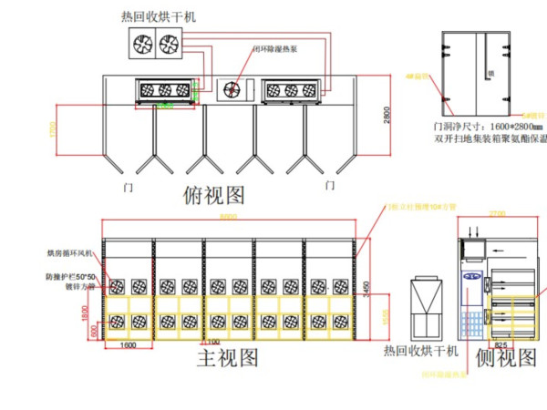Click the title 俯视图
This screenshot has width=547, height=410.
214,193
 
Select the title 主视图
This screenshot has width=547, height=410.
228,357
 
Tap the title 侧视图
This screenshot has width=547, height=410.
506,358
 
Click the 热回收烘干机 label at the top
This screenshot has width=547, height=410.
158,16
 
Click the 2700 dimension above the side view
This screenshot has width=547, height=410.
497,213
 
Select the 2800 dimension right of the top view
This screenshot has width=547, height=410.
387,116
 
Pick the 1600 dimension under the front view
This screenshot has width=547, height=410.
129,345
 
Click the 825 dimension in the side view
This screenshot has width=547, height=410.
501,345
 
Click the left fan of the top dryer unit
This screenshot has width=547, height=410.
144,43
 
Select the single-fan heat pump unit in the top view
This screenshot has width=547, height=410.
233,88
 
